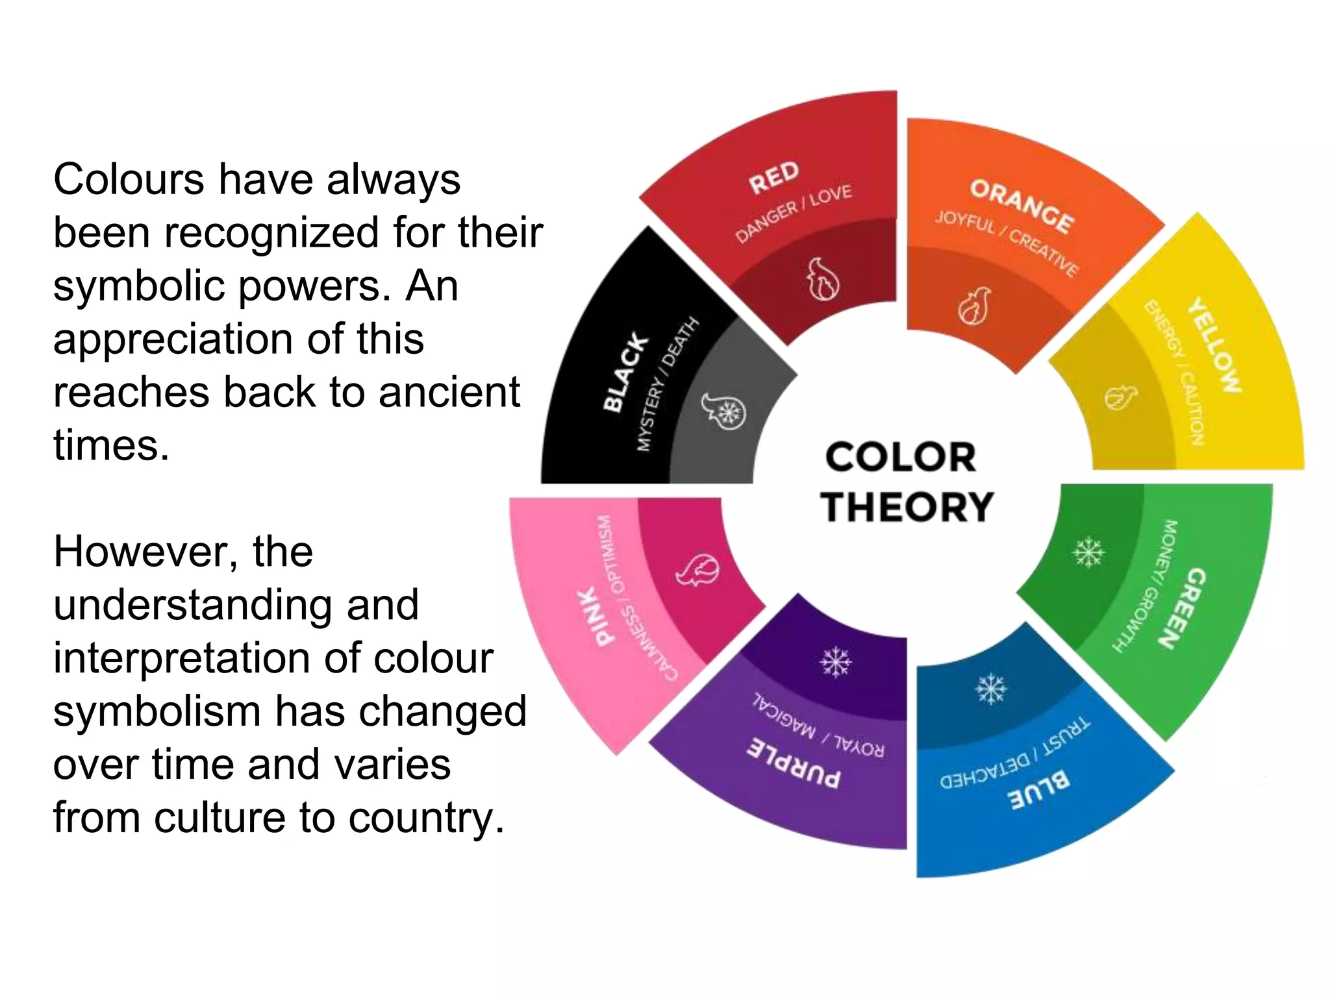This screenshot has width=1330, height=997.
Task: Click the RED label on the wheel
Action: pos(773,177)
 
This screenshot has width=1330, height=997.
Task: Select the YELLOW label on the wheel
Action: pos(1214,345)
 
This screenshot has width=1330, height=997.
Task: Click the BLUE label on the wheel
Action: pos(1038,789)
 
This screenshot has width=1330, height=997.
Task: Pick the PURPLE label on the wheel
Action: pos(794,763)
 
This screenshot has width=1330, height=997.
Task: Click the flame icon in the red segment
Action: pos(823,279)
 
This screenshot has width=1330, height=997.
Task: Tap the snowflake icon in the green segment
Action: pos(1088,552)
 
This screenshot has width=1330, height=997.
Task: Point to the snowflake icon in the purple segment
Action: pos(835,662)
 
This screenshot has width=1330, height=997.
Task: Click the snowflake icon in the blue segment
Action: pos(992,689)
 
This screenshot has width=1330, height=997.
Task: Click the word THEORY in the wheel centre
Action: pos(907,507)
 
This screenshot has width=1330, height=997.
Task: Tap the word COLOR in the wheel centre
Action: pos(901,457)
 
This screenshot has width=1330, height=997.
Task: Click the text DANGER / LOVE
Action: pos(794,213)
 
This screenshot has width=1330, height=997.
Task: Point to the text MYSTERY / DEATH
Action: pos(667,384)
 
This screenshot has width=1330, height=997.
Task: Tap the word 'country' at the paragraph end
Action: pos(425,817)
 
